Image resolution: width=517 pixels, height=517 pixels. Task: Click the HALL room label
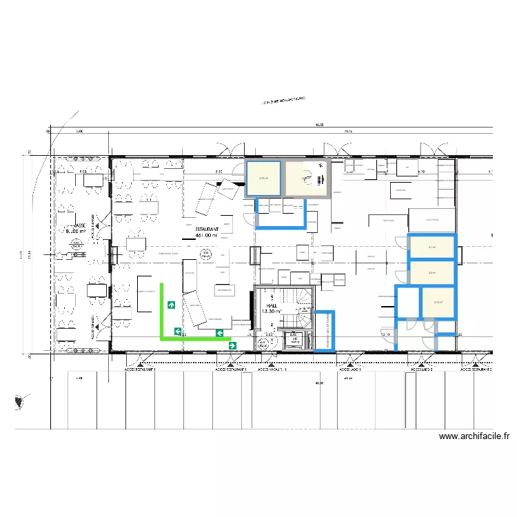click(272, 304)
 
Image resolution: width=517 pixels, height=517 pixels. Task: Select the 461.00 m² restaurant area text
click(207, 236)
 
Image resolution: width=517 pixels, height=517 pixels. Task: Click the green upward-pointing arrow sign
click(170, 304)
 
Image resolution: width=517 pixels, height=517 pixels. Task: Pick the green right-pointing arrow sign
click(233, 345)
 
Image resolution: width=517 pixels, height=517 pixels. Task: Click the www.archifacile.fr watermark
click(474, 436)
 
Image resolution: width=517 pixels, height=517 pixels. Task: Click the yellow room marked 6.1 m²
click(432, 247)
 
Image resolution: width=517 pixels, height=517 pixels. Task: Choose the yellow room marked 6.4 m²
click(432, 273)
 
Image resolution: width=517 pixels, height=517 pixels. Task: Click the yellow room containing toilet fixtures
click(307, 179)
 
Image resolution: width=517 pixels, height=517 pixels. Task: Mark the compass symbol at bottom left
click(21, 401)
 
